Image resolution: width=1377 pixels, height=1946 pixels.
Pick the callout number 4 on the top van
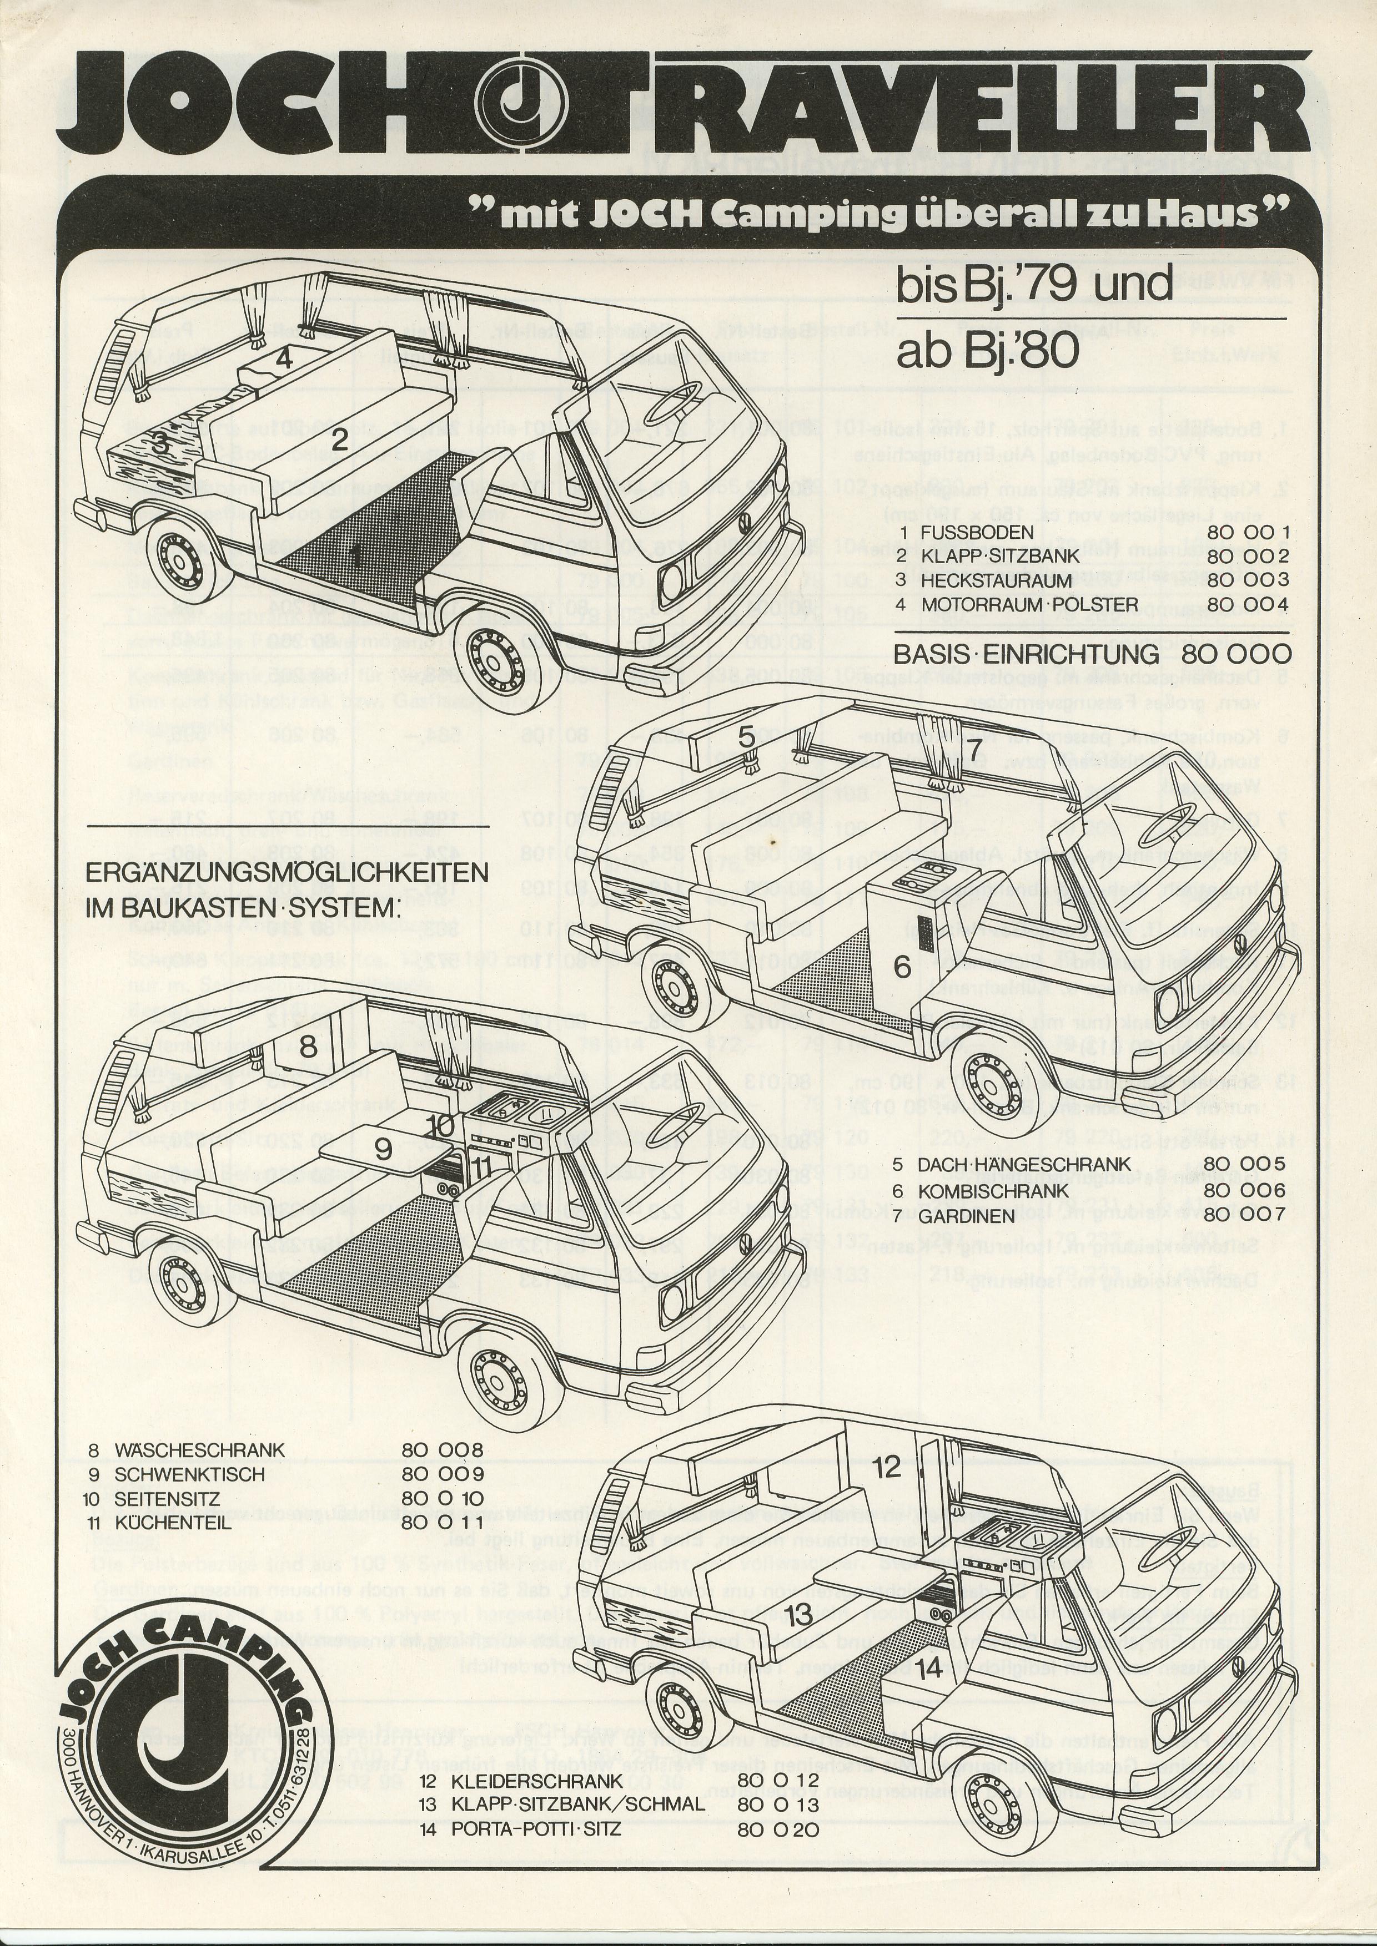click(284, 358)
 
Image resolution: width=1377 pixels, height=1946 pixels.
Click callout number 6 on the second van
click(901, 966)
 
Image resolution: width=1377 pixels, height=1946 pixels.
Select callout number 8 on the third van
click(307, 1047)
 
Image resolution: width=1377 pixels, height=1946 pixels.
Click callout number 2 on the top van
click(339, 441)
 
